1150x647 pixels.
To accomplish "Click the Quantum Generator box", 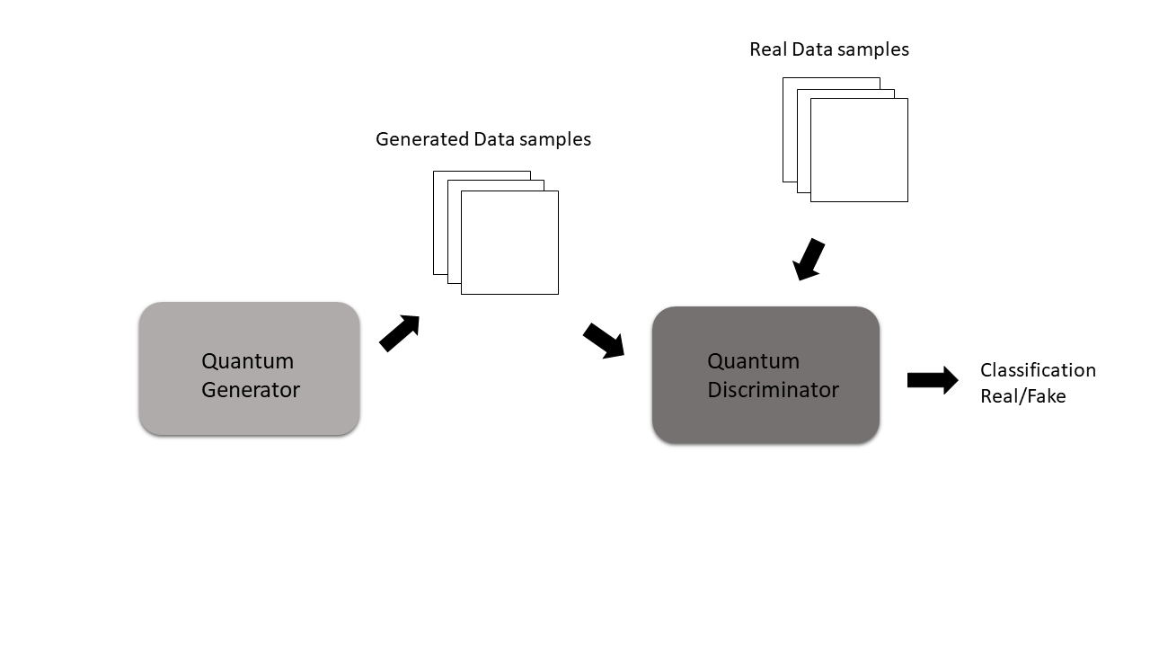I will pyautogui.click(x=249, y=368).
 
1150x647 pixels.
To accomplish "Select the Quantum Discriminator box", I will pyautogui.click(x=765, y=375).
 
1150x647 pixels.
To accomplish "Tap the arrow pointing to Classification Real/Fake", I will pyautogui.click(x=932, y=380).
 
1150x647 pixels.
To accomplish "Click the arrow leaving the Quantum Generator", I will pyautogui.click(x=400, y=332).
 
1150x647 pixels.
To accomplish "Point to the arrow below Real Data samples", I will pyautogui.click(x=809, y=259).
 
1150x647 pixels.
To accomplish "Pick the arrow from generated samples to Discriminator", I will pyautogui.click(x=604, y=341).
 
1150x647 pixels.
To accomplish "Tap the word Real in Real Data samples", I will pyautogui.click(x=767, y=49).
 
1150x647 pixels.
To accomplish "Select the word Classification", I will pyautogui.click(x=1038, y=370).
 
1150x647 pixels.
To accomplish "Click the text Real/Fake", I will pyautogui.click(x=1022, y=396).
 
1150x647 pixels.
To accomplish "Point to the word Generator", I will pyautogui.click(x=251, y=390).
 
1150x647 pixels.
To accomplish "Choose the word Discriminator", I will pyautogui.click(x=773, y=390).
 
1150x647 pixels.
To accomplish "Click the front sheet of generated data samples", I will pyautogui.click(x=509, y=243).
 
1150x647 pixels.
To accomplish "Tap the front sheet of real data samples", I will pyautogui.click(x=859, y=150).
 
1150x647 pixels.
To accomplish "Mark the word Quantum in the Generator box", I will pyautogui.click(x=247, y=361).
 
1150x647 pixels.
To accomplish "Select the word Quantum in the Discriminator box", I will pyautogui.click(x=753, y=361).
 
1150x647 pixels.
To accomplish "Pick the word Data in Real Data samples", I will pyautogui.click(x=813, y=49).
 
